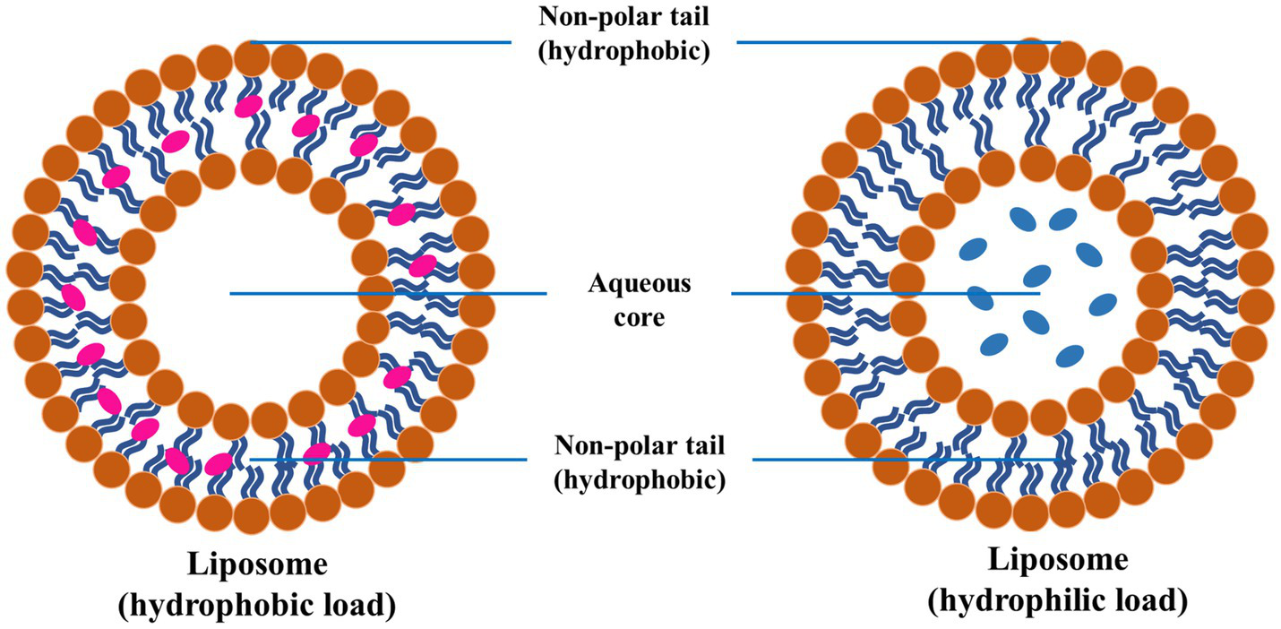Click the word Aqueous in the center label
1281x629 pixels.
640,284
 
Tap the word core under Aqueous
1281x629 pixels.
640,317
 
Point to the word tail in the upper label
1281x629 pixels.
685,17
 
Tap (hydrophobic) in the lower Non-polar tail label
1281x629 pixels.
640,479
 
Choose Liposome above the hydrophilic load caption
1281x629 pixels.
1057,560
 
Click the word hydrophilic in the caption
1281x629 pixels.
1039,601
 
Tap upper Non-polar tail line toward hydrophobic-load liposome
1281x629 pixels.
381,41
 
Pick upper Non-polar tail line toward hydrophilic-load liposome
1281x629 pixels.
896,41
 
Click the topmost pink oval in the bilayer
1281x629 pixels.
248,106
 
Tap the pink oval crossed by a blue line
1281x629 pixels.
317,454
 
